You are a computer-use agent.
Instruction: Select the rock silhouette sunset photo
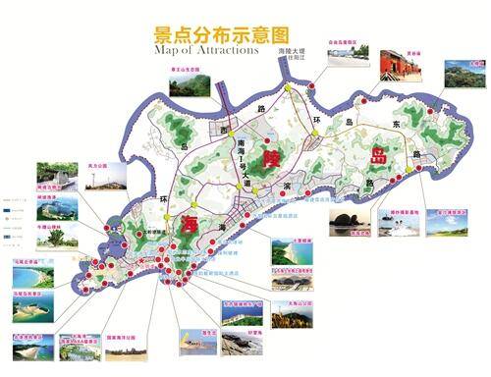pos(349,222)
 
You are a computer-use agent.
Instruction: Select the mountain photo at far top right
pos(463,76)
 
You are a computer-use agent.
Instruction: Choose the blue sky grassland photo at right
pos(450,225)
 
